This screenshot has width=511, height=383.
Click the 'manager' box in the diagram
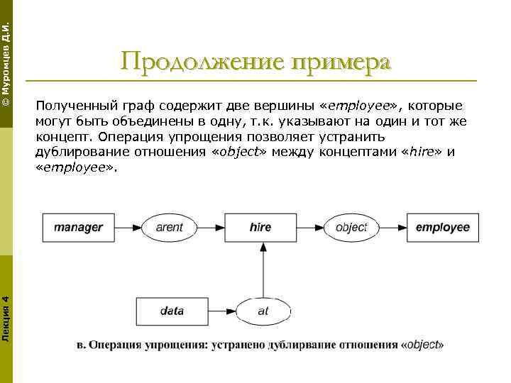point(79,228)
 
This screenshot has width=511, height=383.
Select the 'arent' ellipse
point(169,228)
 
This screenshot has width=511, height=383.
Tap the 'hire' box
point(260,228)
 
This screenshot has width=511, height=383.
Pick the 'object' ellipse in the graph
point(351,228)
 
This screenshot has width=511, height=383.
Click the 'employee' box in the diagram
point(442,228)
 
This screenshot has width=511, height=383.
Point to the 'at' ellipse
point(263,311)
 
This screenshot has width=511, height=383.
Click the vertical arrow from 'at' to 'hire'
point(263,270)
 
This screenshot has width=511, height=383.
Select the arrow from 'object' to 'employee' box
point(392,228)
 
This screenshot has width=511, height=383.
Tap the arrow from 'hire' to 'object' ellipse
point(309,228)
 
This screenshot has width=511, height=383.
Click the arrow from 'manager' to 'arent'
point(128,228)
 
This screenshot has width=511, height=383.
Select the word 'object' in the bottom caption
point(424,345)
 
